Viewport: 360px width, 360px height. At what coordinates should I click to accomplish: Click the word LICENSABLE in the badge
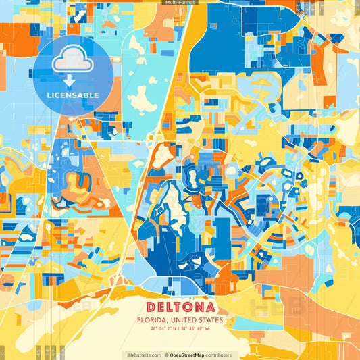point(72,95)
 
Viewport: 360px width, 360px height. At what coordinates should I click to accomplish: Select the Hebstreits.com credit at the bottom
point(144,355)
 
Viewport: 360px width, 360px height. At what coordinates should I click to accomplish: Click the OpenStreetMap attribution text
point(191,355)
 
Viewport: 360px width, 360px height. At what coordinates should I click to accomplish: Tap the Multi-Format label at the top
point(180,3)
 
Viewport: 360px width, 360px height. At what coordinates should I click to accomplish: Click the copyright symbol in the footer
point(165,355)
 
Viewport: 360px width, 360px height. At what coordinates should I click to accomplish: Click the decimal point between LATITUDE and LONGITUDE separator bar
point(180,329)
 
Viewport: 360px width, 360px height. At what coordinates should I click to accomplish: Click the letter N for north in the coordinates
point(175,329)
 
